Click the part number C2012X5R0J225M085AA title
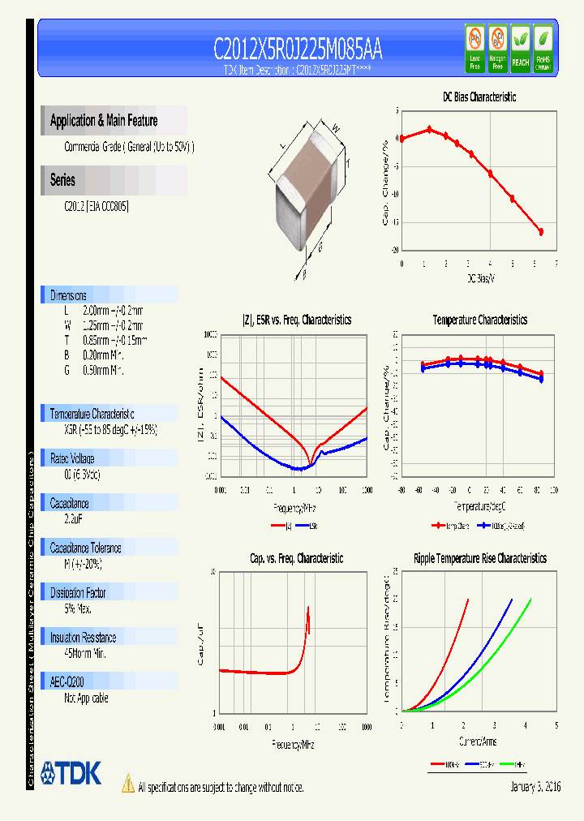298,50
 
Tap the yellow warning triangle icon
127,784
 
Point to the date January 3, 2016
535,787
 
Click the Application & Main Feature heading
104,121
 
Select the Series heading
62,180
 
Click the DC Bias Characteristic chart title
479,97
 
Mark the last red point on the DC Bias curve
541,232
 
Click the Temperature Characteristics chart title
479,320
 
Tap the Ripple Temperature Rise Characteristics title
479,558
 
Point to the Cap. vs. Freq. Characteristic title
296,558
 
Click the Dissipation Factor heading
78,593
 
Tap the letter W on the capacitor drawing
334,127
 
